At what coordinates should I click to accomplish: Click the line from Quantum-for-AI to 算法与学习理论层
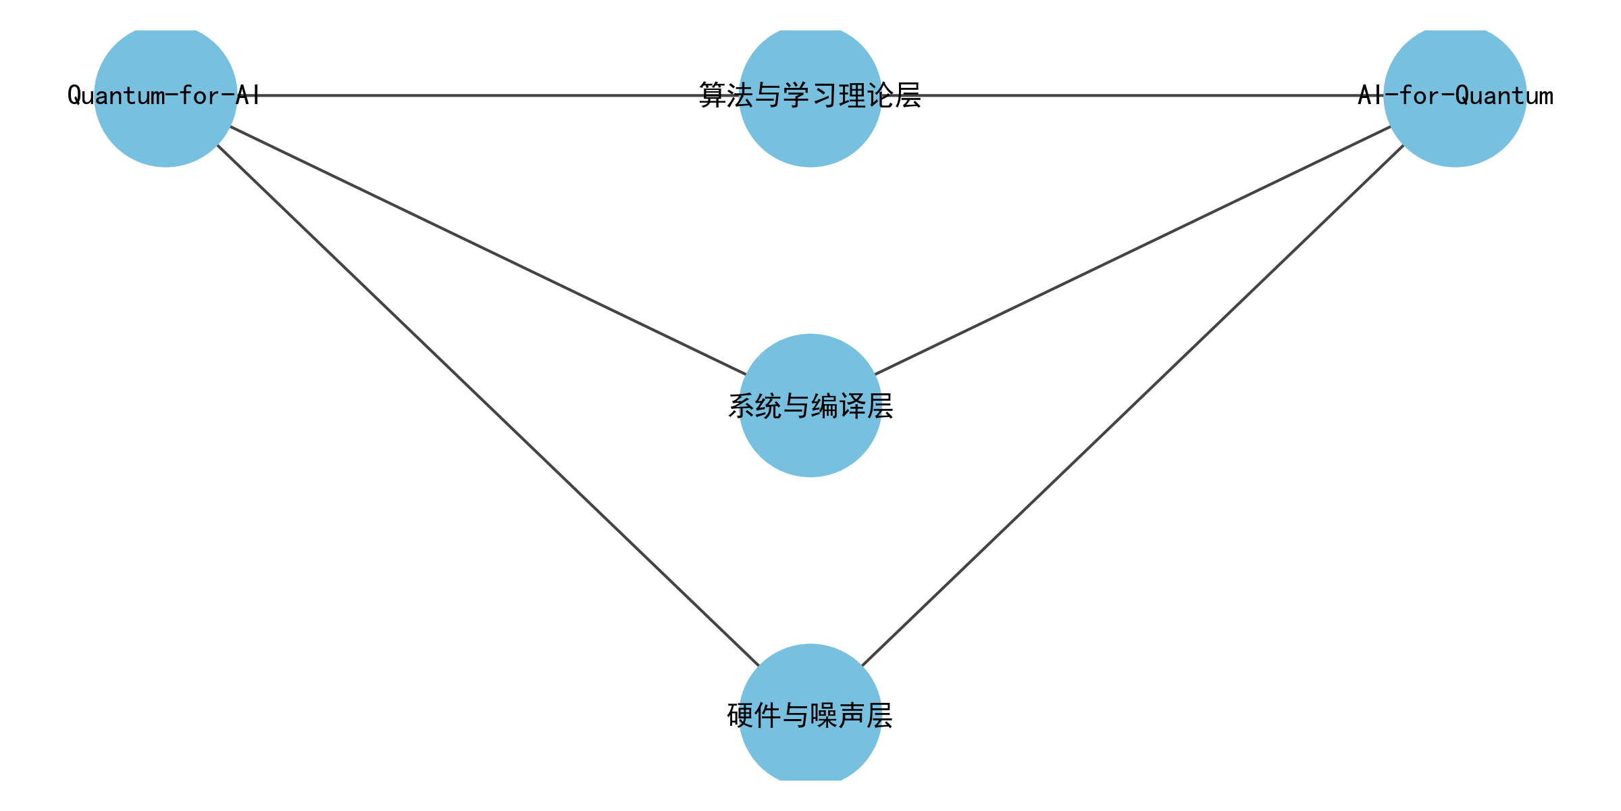[473, 95]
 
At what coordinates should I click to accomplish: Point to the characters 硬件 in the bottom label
[754, 715]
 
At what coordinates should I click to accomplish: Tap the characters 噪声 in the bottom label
[838, 715]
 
